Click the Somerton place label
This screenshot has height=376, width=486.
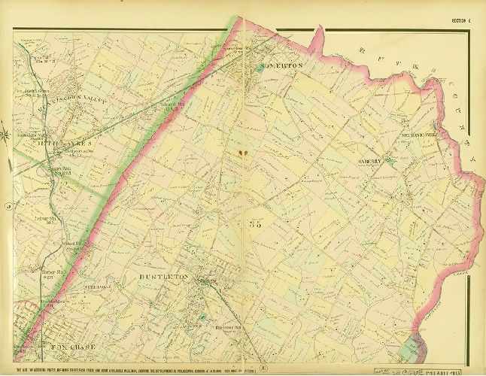(x=281, y=66)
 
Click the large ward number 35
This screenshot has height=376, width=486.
(x=254, y=223)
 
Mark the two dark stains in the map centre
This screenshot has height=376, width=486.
(x=242, y=153)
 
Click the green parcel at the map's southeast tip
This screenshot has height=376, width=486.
(x=412, y=347)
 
